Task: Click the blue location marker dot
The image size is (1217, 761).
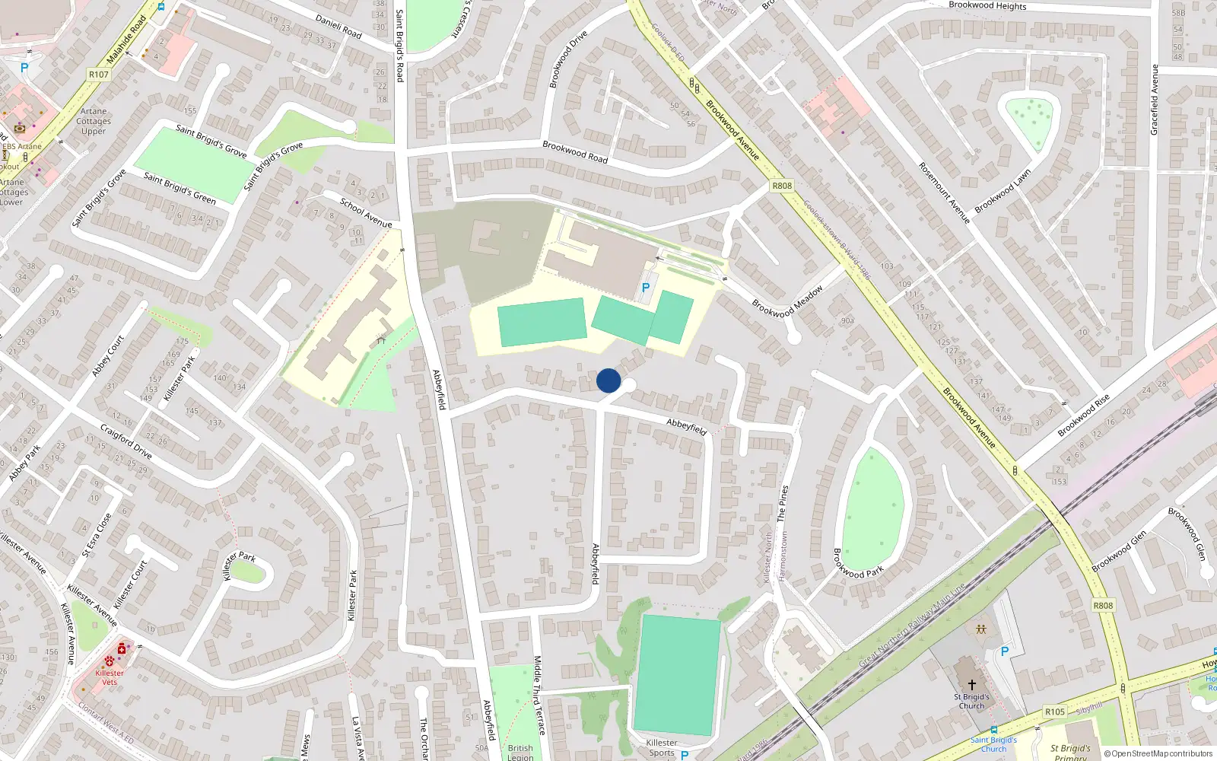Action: (x=608, y=380)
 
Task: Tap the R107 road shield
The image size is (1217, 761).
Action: (x=99, y=75)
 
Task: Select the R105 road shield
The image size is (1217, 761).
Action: (x=1054, y=712)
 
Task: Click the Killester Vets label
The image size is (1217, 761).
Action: (x=110, y=677)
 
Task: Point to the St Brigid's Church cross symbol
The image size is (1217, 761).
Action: (x=971, y=685)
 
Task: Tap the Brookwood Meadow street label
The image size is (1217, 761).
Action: (x=787, y=302)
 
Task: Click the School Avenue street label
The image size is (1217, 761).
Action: (x=366, y=213)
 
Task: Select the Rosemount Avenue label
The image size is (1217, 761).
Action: (x=944, y=193)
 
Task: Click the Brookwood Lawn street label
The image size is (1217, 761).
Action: (x=1003, y=191)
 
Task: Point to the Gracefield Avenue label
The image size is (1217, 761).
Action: (x=1154, y=100)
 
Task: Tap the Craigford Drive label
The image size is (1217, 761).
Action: (x=126, y=442)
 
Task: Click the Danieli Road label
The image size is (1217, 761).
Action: (x=338, y=27)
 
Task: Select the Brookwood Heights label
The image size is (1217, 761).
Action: (x=987, y=5)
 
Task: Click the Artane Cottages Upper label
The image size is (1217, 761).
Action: (x=94, y=121)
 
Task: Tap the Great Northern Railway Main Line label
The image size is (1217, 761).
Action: (x=911, y=626)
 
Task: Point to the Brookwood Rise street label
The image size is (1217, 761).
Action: (x=1083, y=415)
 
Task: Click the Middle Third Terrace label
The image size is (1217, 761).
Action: (x=539, y=695)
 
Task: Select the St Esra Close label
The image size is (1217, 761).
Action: (x=97, y=534)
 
